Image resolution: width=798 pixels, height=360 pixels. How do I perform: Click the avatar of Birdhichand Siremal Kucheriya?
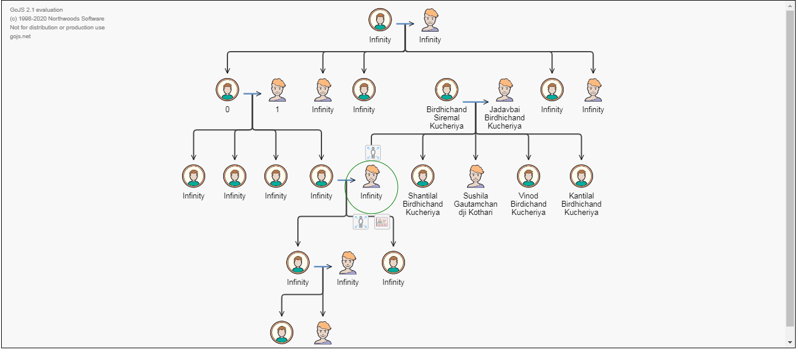[447, 90]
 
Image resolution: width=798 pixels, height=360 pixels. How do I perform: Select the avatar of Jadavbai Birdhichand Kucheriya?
[505, 90]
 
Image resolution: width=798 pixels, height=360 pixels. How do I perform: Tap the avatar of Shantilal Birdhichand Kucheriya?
[423, 176]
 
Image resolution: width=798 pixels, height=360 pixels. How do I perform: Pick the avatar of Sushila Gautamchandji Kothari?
[476, 176]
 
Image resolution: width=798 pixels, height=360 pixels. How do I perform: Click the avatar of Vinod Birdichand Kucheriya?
[528, 176]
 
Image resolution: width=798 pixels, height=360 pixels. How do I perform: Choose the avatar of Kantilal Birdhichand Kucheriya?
[581, 176]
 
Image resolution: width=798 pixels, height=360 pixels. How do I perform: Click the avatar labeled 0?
[227, 90]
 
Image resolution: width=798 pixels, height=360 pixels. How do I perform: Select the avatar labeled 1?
[277, 90]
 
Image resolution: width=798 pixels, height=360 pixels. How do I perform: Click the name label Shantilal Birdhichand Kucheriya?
[423, 204]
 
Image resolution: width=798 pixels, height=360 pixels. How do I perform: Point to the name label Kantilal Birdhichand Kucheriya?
[581, 204]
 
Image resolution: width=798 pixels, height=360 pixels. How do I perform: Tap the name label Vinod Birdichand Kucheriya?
[528, 204]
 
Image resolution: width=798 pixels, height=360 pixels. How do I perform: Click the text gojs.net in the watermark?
[20, 36]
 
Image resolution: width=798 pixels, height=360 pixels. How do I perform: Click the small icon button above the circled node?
[373, 153]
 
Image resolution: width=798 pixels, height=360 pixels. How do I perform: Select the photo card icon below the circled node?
[382, 222]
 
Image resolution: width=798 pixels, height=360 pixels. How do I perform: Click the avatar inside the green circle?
[371, 176]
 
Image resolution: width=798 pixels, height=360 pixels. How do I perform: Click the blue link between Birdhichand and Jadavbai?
[474, 102]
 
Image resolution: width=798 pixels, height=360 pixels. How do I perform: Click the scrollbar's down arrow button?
[790, 342]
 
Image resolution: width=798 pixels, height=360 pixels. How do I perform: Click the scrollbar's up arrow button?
[790, 6]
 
